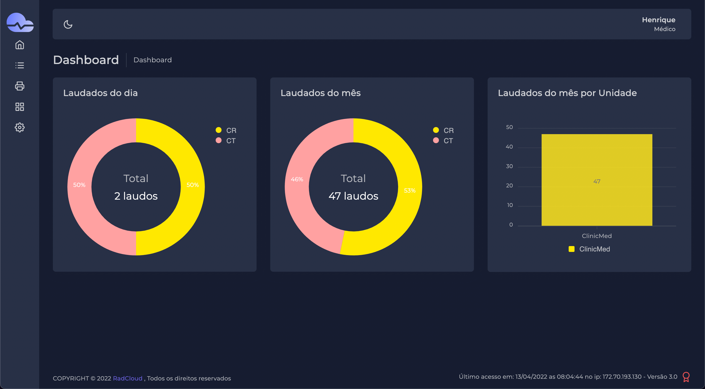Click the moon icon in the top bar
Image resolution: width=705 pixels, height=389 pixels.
[x=68, y=25]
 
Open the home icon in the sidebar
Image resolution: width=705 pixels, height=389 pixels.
[x=20, y=45]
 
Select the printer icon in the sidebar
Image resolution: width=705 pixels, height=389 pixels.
[x=20, y=86]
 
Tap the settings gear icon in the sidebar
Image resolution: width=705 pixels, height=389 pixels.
[x=20, y=127]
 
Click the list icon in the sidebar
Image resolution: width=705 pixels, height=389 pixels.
[x=20, y=65]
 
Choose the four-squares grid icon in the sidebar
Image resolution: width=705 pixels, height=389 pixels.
[x=20, y=107]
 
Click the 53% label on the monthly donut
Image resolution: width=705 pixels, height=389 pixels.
[x=410, y=191]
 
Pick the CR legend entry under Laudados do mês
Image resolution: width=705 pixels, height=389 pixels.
[x=444, y=130]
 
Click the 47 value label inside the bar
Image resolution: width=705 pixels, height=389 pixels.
[x=597, y=181]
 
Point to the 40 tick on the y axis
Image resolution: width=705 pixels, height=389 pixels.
[x=509, y=147]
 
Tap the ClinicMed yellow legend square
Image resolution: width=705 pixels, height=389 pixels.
[x=571, y=249]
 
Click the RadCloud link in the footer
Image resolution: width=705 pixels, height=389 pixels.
[x=128, y=378]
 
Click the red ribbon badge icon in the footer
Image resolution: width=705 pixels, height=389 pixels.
[x=686, y=377]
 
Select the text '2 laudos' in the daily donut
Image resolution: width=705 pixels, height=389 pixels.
[x=136, y=196]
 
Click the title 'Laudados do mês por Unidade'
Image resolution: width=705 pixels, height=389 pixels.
[x=567, y=93]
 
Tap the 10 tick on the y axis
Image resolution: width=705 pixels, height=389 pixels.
[x=510, y=205]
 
